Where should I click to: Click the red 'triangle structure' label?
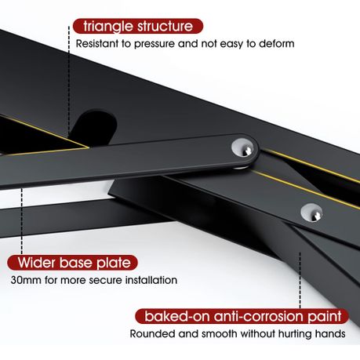pos(138,26)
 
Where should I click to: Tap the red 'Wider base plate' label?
pos(72,263)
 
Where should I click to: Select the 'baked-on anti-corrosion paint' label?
pos(242,316)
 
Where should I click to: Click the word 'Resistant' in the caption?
pos(97,44)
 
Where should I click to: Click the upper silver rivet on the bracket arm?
pos(242,148)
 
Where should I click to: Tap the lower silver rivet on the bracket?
pos(311,213)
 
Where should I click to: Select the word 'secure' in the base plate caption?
pos(105,281)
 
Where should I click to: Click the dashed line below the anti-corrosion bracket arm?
pos(300,280)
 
